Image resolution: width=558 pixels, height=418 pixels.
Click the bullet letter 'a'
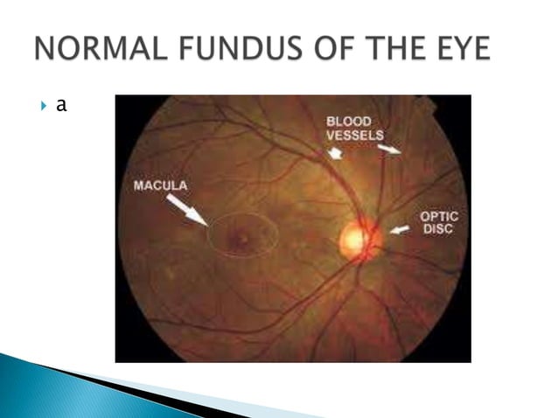[x=61, y=106]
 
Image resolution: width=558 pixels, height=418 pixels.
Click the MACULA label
[x=159, y=185]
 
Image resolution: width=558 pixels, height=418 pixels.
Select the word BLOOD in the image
[x=349, y=122]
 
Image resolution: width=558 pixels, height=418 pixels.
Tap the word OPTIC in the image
[x=438, y=216]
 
